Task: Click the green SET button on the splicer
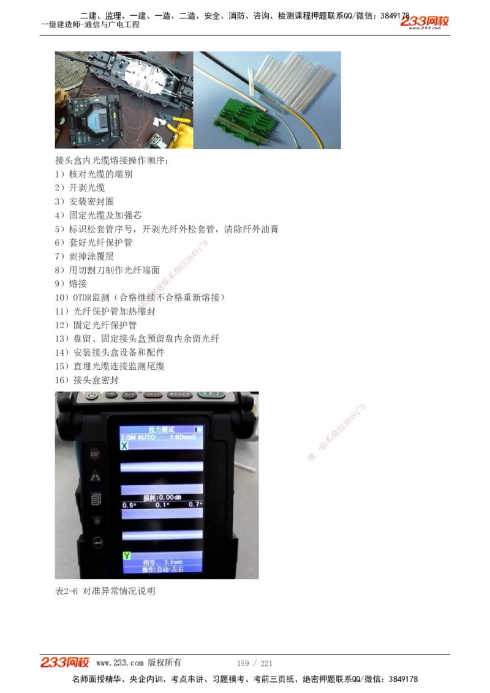(213, 395)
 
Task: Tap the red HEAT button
(153, 395)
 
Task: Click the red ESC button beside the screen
(95, 454)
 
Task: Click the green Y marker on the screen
(126, 555)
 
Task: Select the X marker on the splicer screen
(124, 446)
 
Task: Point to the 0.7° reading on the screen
(195, 504)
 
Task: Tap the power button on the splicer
(92, 395)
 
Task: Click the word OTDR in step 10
(84, 298)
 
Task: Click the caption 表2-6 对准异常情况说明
(105, 591)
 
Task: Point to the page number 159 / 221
(254, 663)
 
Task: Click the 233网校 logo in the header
(424, 22)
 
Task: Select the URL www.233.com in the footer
(120, 663)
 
